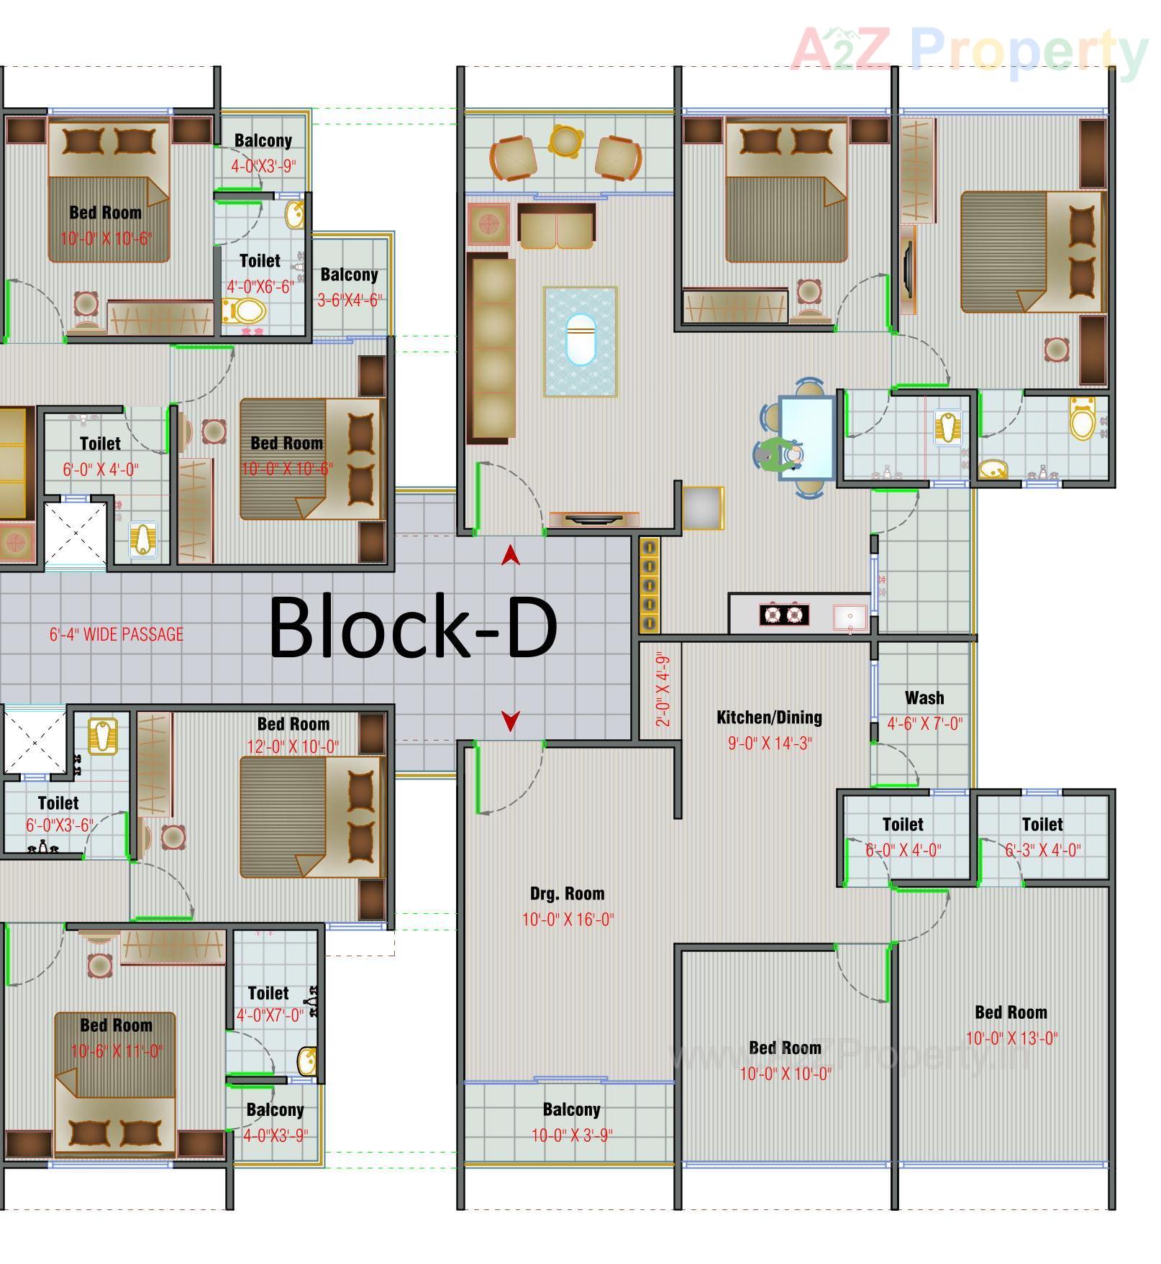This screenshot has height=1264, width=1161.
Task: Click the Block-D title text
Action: pyautogui.click(x=413, y=626)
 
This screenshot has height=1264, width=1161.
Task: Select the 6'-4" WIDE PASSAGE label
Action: pyautogui.click(x=117, y=635)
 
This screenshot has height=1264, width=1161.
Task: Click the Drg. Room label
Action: pyautogui.click(x=567, y=894)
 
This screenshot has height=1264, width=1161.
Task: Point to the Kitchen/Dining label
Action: pyautogui.click(x=769, y=718)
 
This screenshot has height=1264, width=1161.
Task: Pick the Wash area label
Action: pyautogui.click(x=924, y=698)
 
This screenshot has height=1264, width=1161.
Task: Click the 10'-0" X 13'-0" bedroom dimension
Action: pyautogui.click(x=1011, y=1038)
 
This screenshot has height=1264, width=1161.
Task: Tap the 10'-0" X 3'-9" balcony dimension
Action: pyautogui.click(x=572, y=1135)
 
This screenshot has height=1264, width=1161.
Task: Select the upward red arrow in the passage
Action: pyautogui.click(x=511, y=555)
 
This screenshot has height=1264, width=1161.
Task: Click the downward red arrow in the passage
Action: pyautogui.click(x=511, y=720)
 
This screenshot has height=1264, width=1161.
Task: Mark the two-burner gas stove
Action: pyautogui.click(x=783, y=615)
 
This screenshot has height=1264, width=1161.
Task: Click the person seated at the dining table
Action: pyautogui.click(x=777, y=455)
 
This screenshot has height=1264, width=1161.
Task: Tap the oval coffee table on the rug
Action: pyautogui.click(x=580, y=340)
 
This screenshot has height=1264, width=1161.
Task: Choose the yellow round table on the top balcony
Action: pyautogui.click(x=565, y=140)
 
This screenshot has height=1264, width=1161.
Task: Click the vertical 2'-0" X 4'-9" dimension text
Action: pyautogui.click(x=663, y=690)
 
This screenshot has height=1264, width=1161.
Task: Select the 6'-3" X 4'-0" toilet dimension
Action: pyautogui.click(x=1042, y=851)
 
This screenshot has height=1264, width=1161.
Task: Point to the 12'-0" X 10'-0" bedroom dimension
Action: pyautogui.click(x=293, y=747)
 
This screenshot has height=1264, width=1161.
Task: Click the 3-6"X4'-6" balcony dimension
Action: pyautogui.click(x=350, y=301)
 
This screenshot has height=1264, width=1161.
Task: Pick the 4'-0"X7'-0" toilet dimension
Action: pyautogui.click(x=270, y=1015)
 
